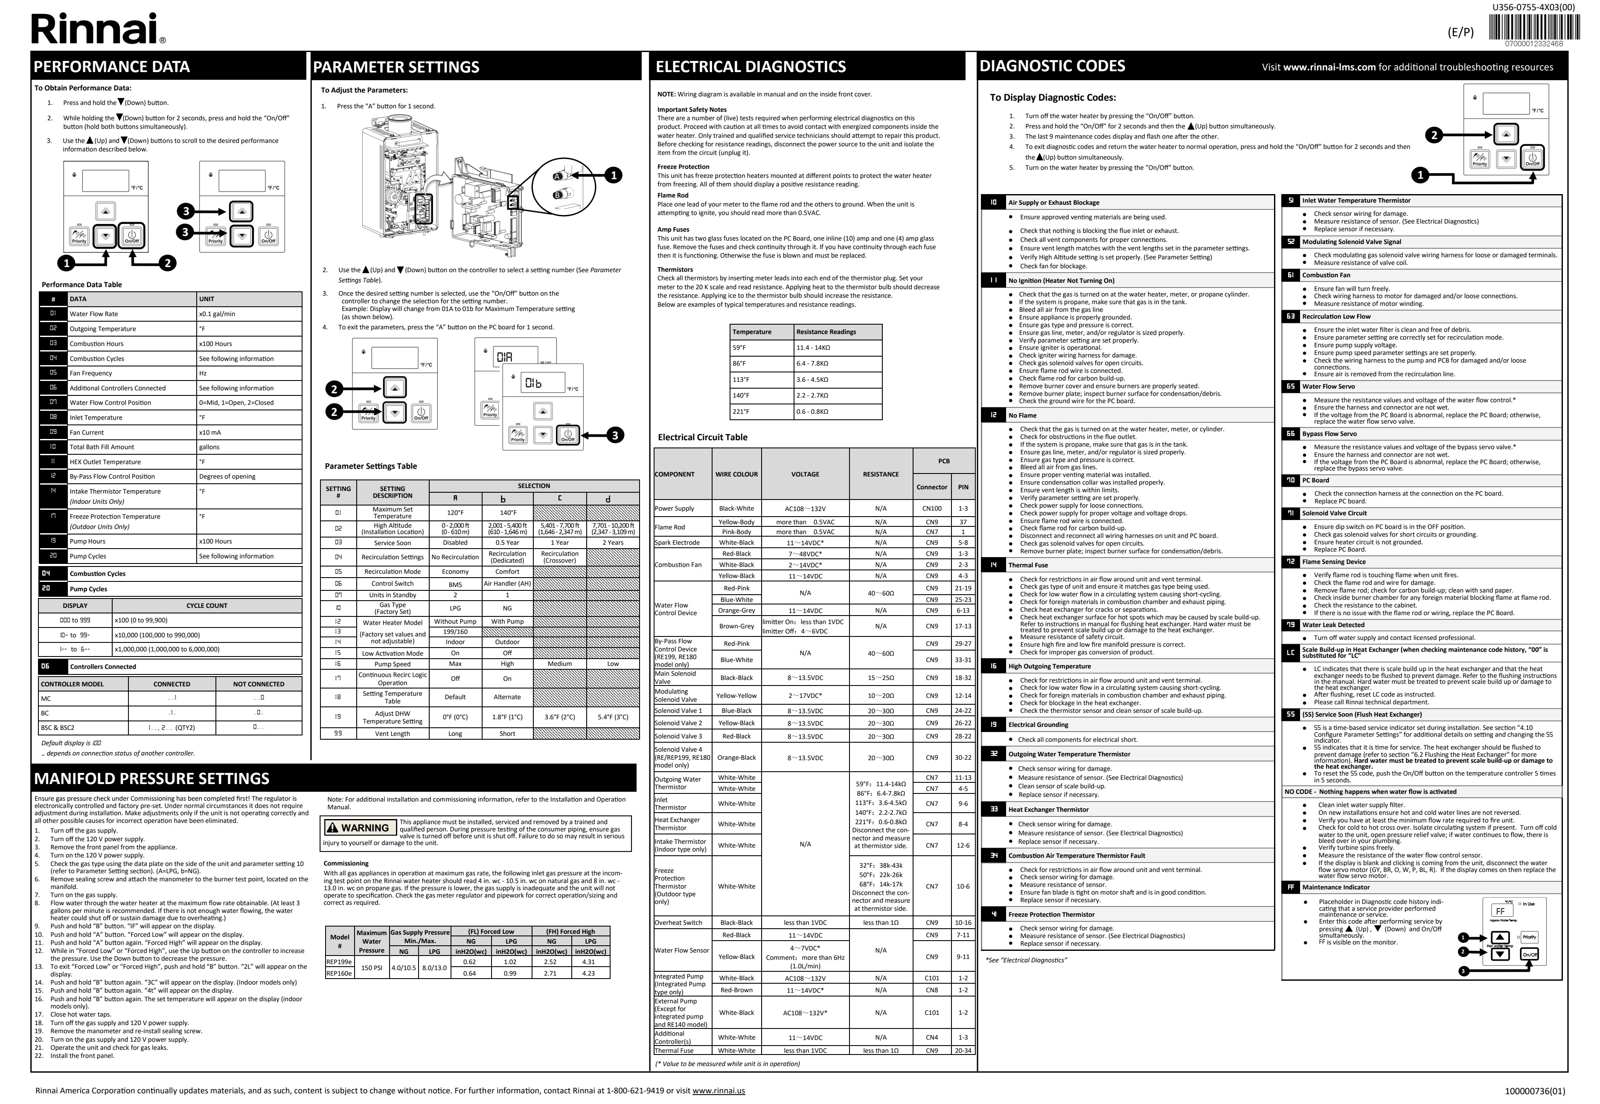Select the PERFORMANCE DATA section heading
(112, 67)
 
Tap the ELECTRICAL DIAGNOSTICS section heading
(751, 67)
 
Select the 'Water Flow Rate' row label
(94, 314)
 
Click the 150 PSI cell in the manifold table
(372, 967)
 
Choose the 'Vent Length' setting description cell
(392, 734)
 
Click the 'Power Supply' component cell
(675, 508)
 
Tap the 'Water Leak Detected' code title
(1333, 625)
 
